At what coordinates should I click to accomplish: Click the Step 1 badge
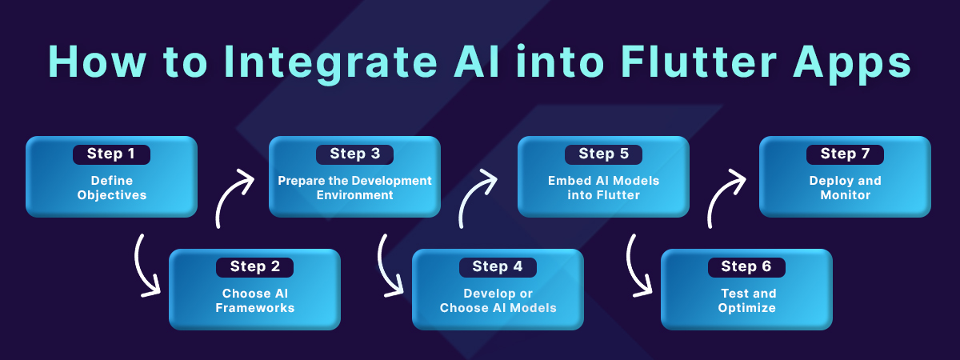click(111, 154)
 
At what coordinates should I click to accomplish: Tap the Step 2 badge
click(254, 267)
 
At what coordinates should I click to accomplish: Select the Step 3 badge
click(354, 154)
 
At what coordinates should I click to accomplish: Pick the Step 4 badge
click(497, 267)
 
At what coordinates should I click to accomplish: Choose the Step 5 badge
click(603, 154)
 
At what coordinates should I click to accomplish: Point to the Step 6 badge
click(746, 267)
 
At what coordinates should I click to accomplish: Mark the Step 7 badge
click(845, 154)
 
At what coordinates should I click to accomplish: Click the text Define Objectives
click(111, 188)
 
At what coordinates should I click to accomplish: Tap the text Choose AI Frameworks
click(254, 301)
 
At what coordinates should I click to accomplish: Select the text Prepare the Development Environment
click(354, 188)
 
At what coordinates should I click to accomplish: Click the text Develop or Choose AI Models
click(497, 301)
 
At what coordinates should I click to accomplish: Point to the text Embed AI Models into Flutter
click(603, 188)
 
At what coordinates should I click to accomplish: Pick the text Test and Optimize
click(746, 301)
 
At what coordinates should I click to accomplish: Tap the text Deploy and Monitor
click(845, 188)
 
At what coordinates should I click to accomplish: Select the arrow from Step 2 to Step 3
click(232, 198)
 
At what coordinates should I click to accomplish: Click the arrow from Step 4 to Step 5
click(477, 198)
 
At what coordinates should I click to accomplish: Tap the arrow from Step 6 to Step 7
click(726, 198)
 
